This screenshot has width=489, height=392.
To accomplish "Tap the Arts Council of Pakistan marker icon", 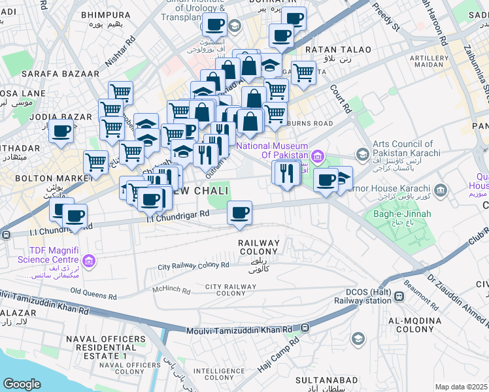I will [x=362, y=154].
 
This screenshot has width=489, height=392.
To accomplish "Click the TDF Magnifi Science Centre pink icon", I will [x=90, y=263].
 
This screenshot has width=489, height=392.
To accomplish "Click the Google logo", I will [x=21, y=384].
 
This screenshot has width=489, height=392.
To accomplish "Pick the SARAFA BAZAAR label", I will [x=60, y=74].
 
